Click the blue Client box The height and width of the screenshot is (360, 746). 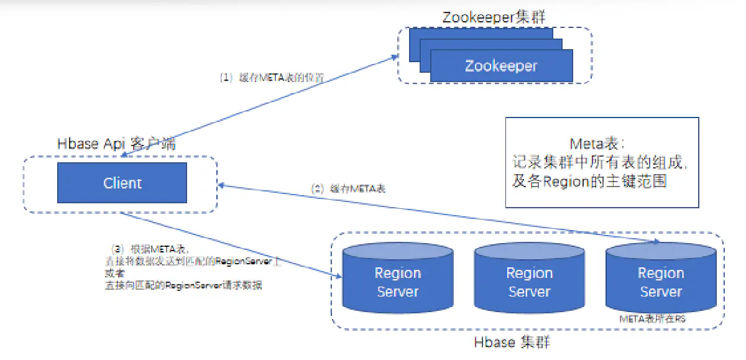(x=122, y=183)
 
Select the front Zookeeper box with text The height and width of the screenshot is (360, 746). (x=501, y=66)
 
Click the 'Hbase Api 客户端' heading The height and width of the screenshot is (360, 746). (x=116, y=144)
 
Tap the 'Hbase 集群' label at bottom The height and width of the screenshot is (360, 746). (x=512, y=343)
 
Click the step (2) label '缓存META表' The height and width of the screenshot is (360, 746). (x=348, y=188)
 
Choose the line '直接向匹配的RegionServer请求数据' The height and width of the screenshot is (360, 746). (x=183, y=285)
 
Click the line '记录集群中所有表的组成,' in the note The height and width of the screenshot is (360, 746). (x=601, y=164)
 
